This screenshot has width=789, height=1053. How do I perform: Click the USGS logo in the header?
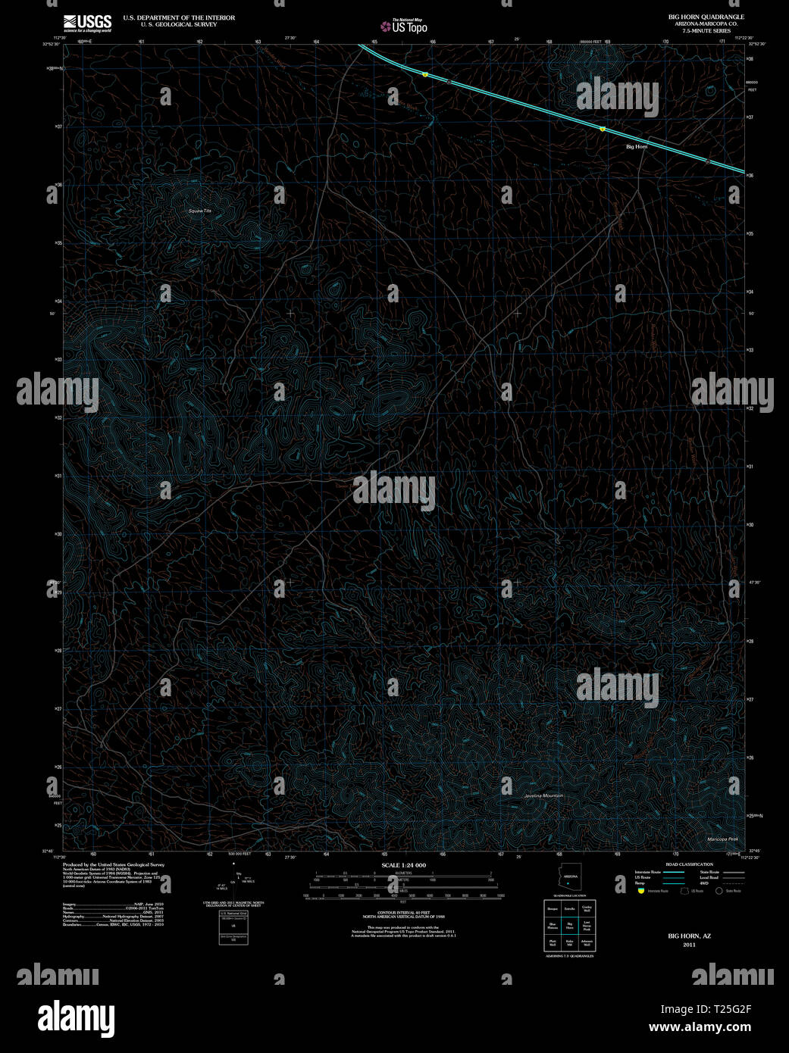tap(87, 22)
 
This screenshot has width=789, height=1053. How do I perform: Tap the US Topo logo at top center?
tap(405, 26)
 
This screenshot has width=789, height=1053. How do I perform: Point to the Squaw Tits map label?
tap(199, 210)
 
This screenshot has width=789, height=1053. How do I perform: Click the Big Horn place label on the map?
tap(637, 146)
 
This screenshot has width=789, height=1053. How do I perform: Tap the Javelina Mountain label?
tap(543, 795)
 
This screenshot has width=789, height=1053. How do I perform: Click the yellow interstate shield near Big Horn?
tap(603, 130)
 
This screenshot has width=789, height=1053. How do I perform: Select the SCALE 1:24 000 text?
tap(403, 865)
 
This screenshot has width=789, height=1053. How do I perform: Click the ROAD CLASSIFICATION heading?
tap(689, 864)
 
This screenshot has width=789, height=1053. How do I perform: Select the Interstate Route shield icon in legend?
tap(640, 892)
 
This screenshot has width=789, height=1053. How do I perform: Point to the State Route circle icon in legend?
tap(719, 892)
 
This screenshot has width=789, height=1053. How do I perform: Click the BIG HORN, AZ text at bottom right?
tap(689, 936)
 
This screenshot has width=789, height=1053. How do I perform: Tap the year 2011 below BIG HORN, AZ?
tap(689, 945)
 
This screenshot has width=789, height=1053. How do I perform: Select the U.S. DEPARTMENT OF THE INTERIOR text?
tap(179, 17)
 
